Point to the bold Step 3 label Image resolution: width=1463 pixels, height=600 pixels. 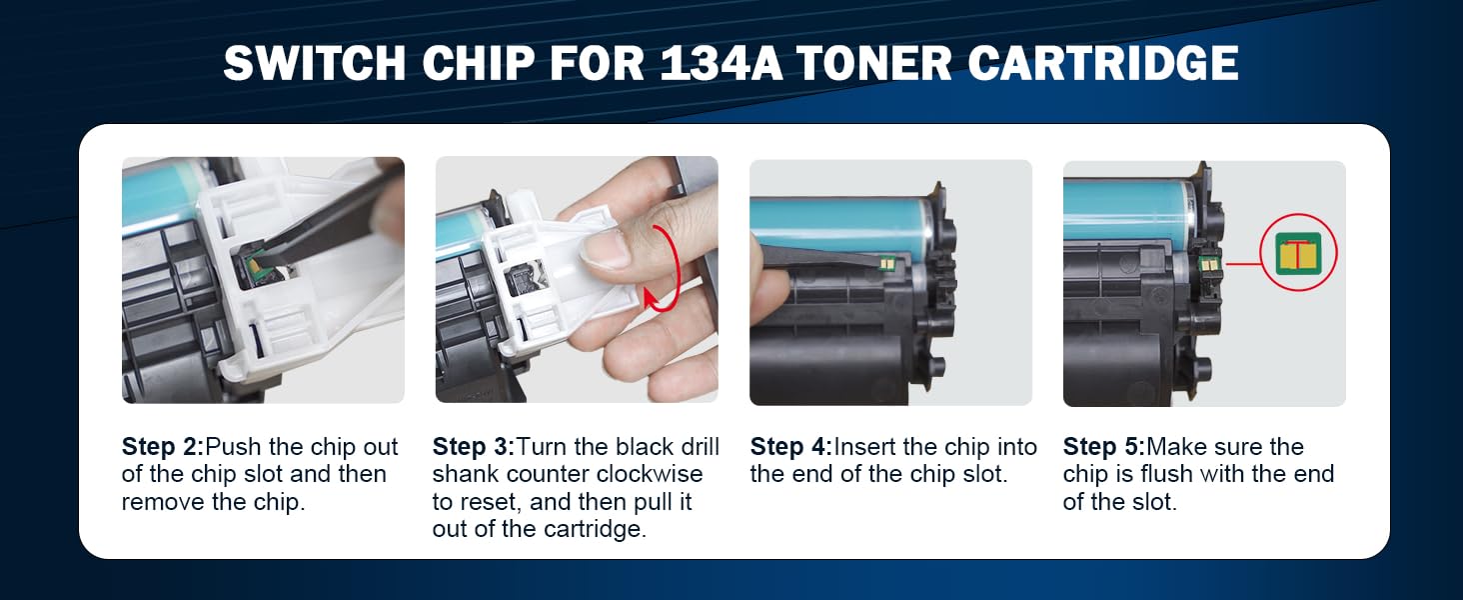pyautogui.click(x=473, y=447)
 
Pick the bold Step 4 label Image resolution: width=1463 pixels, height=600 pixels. pyautogui.click(x=790, y=447)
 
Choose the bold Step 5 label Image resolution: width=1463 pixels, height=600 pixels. pyautogui.click(x=1102, y=447)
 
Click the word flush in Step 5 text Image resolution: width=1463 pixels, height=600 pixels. pyautogui.click(x=1163, y=474)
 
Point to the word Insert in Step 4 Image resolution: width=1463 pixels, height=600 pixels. pyautogui.click(x=867, y=447)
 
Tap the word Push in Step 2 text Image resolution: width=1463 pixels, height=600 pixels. pyautogui.click(x=230, y=447)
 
